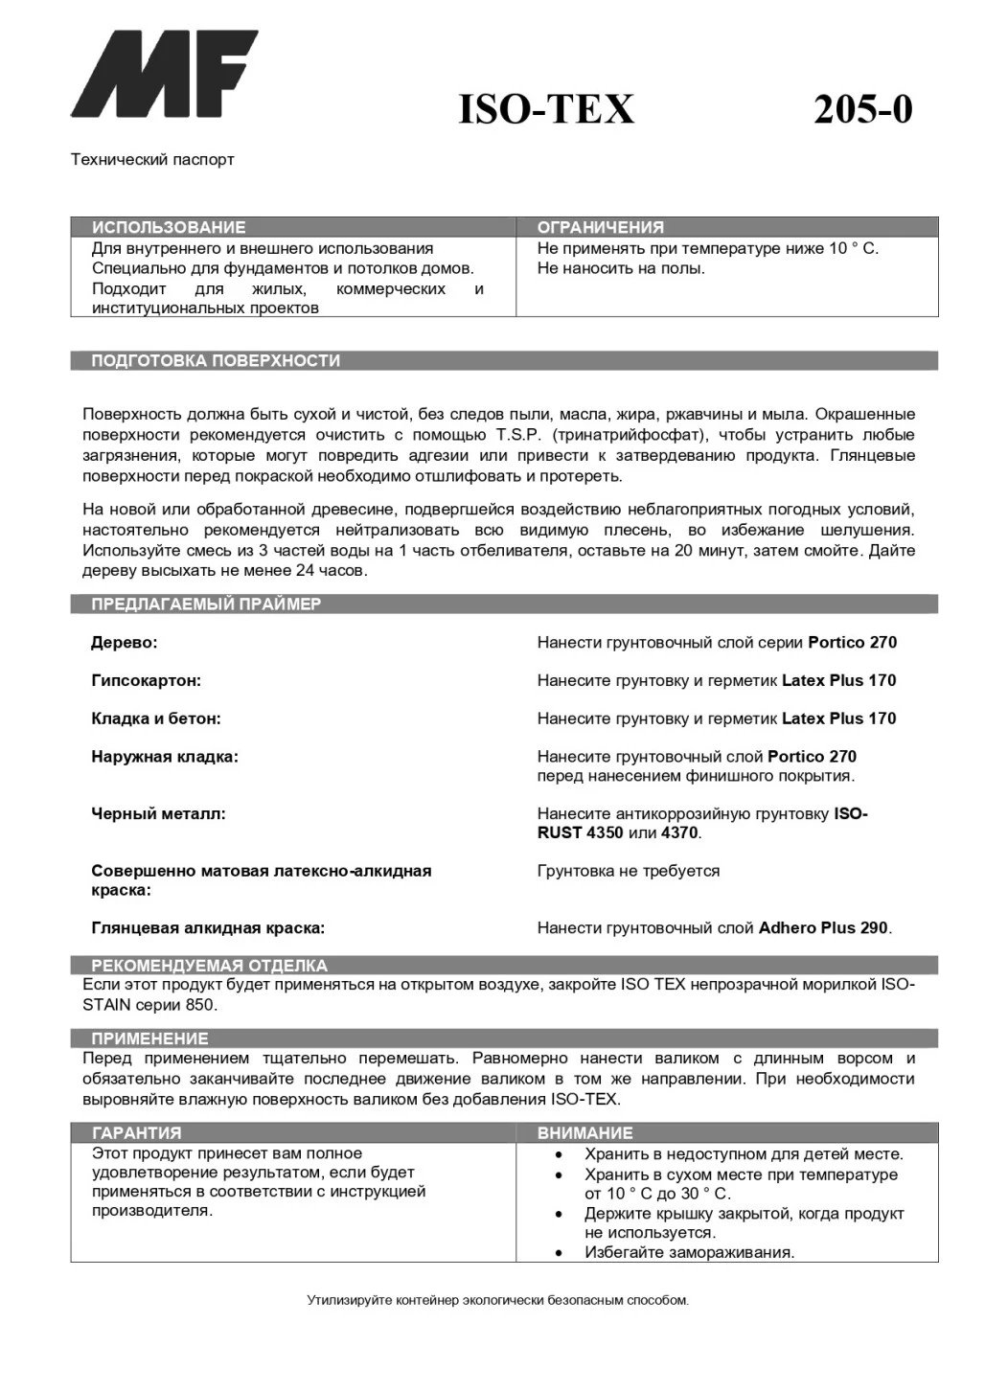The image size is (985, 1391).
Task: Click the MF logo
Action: point(164,74)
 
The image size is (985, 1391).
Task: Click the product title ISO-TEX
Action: point(546,110)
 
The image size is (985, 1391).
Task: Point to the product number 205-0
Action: point(862,110)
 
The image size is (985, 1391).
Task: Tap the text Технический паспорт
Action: point(152,159)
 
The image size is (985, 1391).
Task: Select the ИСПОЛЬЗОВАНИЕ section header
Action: point(169,227)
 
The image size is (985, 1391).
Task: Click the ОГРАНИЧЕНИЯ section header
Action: point(601,227)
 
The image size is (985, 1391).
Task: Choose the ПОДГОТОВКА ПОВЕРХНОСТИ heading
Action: point(216,361)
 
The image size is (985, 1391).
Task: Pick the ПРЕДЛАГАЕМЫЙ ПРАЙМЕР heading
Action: point(206,604)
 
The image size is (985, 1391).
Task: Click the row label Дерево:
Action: point(125,643)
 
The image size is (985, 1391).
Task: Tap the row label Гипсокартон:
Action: point(147,681)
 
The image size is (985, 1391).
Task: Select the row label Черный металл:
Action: point(159,814)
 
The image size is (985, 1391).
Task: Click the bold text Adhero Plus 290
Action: point(823,928)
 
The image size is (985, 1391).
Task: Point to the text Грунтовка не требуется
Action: point(629,872)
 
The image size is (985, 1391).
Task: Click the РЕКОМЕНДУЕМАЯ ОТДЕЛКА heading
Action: point(209,966)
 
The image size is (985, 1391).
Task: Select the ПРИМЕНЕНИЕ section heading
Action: point(149,1038)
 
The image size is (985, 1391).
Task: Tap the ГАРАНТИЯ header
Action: point(136,1133)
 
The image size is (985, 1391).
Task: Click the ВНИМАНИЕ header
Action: point(585,1133)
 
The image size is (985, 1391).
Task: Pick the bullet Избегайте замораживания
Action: point(689,1253)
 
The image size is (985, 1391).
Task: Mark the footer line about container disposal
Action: point(497,1301)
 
